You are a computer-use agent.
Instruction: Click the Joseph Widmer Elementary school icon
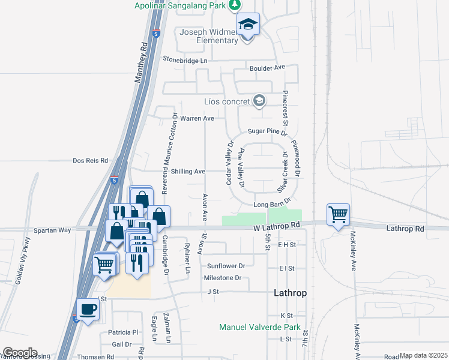point(247,25)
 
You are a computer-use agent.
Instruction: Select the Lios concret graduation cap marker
point(259,100)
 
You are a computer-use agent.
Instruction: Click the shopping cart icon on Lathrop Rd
point(339,214)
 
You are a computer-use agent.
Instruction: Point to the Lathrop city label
point(291,293)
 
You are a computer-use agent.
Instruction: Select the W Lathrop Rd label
point(276,226)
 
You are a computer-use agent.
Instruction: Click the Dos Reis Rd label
point(90,161)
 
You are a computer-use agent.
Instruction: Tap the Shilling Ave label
point(188,172)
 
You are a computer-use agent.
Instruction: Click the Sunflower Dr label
point(226,266)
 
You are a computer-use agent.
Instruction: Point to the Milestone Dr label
point(222,278)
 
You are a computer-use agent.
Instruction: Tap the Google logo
point(20,353)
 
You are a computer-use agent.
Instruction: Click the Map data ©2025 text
point(423,355)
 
